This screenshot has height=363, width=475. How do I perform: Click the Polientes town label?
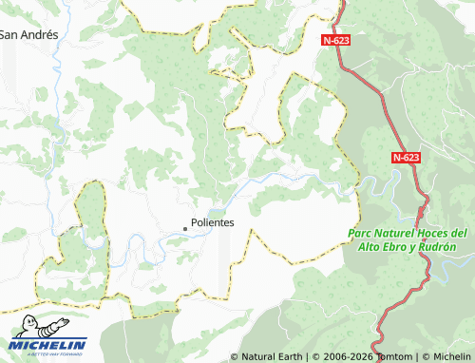pyautogui.click(x=213, y=222)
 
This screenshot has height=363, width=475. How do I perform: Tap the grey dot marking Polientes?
pyautogui.click(x=185, y=228)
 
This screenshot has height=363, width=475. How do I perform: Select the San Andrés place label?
pyautogui.click(x=29, y=34)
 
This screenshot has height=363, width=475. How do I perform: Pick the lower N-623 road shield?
pyautogui.click(x=406, y=158)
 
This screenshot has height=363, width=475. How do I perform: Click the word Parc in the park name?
pyautogui.click(x=360, y=233)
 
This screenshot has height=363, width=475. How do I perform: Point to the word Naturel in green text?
pyautogui.click(x=395, y=233)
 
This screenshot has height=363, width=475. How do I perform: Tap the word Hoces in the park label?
pyautogui.click(x=434, y=233)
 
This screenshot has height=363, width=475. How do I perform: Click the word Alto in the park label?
pyautogui.click(x=370, y=247)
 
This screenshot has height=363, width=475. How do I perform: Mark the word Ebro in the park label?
pyautogui.click(x=399, y=247)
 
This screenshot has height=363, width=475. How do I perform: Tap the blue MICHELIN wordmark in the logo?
pyautogui.click(x=48, y=344)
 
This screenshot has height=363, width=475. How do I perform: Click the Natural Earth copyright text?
pyautogui.click(x=267, y=356)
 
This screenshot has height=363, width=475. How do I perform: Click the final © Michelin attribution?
pyautogui.click(x=446, y=356)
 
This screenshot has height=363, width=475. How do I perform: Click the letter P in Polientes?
pyautogui.click(x=194, y=222)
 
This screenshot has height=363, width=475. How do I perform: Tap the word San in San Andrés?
pyautogui.click(x=9, y=34)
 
